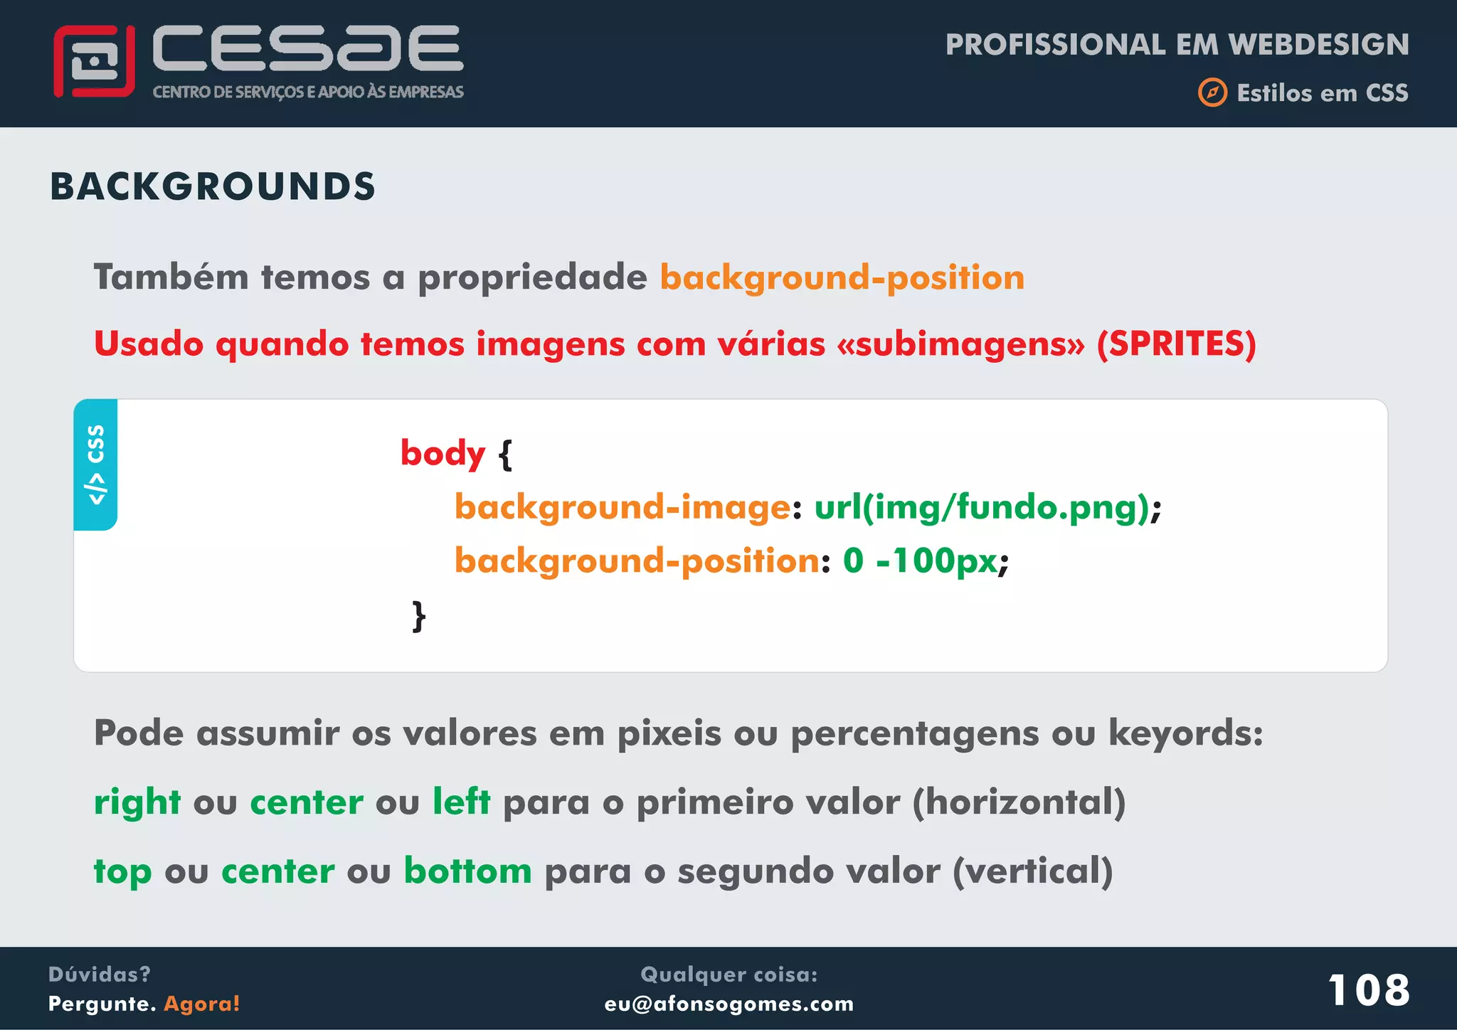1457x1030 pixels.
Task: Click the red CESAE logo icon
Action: pos(94,62)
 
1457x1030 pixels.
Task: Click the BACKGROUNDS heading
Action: pos(212,187)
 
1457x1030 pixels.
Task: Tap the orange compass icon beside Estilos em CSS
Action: pos(1212,93)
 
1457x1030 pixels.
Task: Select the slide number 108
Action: pos(1368,989)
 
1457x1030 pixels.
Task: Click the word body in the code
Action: pos(443,453)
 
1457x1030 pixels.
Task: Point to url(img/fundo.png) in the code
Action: pos(982,507)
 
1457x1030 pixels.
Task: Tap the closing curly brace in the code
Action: pos(419,616)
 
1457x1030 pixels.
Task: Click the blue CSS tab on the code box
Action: pos(96,464)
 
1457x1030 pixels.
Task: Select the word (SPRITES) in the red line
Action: pos(1176,344)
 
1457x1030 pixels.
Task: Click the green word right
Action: pos(137,802)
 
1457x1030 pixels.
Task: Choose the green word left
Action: pos(461,802)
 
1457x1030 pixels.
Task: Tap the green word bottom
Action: pos(467,871)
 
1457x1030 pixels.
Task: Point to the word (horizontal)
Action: pos(1019,802)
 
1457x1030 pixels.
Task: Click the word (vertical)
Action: pos(1032,871)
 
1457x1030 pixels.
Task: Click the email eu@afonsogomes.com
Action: pos(728,1004)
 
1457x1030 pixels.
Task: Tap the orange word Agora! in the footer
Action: pos(202,1004)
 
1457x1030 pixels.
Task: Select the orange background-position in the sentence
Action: pos(842,277)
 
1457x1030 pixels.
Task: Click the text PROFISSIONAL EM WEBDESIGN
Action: pos(1177,45)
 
